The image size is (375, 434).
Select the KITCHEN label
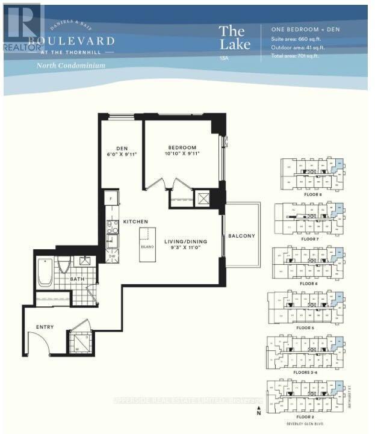135,222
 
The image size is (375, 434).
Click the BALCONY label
241,235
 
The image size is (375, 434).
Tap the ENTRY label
45,327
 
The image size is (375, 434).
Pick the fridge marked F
111,198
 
